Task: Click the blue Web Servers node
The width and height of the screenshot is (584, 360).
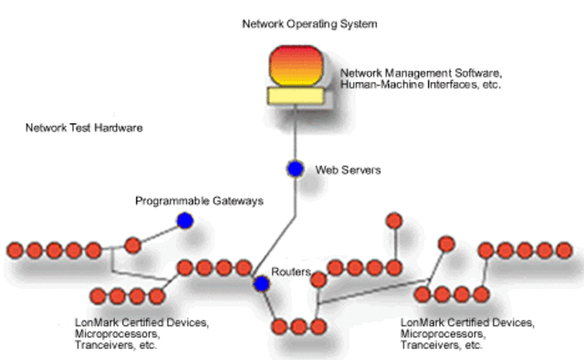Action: click(295, 169)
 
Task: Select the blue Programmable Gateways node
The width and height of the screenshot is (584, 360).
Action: click(185, 221)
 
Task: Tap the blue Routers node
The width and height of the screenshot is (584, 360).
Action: click(262, 284)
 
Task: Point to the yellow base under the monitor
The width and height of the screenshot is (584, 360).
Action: click(294, 95)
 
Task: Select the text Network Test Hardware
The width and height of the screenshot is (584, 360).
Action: click(84, 129)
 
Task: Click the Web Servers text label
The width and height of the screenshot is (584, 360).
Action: click(348, 170)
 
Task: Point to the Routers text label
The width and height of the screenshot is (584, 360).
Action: click(292, 273)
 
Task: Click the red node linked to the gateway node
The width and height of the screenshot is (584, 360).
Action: click(132, 244)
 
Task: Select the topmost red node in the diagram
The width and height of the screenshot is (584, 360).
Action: click(394, 221)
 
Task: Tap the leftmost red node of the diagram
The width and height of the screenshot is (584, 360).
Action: click(14, 250)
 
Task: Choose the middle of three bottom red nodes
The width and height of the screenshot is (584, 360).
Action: click(298, 325)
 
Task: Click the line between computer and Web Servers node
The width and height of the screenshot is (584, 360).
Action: click(294, 132)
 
